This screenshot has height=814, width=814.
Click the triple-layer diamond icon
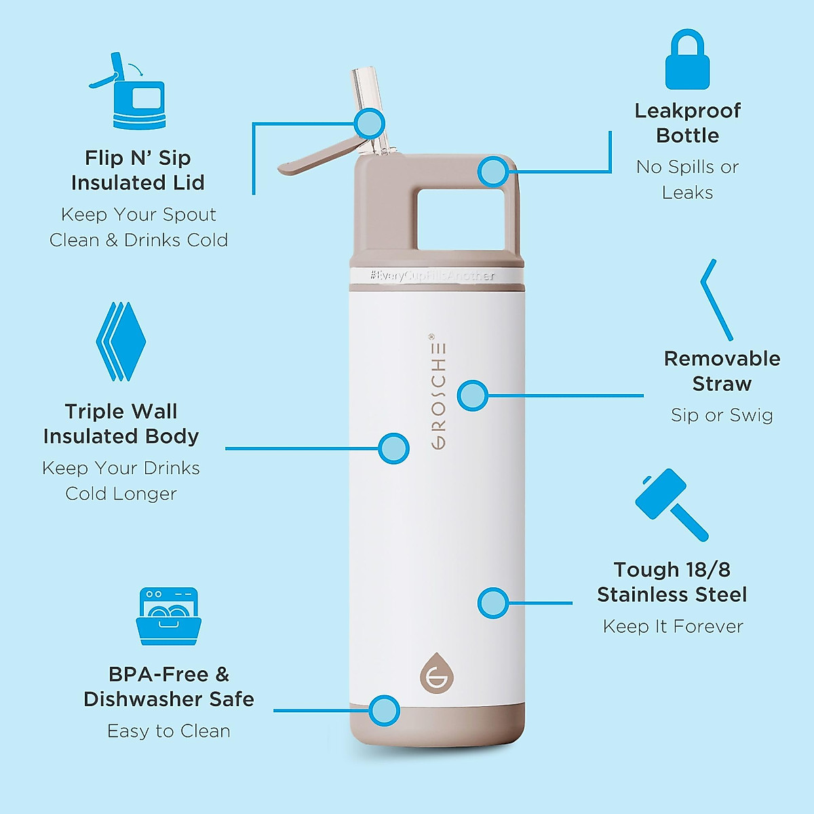tap(121, 341)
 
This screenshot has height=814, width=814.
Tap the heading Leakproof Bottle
tap(687, 123)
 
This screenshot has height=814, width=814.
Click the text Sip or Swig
tap(722, 415)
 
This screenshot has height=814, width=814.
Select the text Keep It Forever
tap(673, 626)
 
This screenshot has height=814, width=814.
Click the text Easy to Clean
tap(169, 731)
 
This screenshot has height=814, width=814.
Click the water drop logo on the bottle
tap(436, 674)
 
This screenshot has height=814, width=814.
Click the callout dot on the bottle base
tap(385, 711)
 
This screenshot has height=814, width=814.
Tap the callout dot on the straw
tap(370, 123)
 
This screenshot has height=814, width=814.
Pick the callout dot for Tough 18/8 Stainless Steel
tap(493, 602)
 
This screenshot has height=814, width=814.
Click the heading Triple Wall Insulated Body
tap(121, 424)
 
